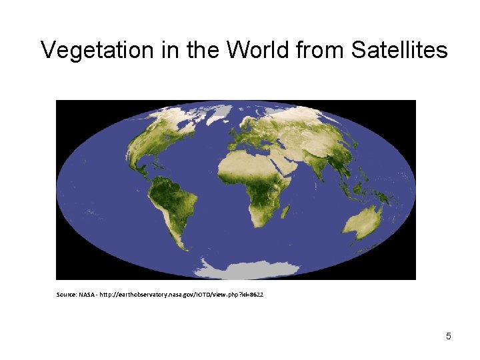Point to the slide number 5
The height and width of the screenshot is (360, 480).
point(449,336)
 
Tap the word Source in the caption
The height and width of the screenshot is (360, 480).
point(67,294)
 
